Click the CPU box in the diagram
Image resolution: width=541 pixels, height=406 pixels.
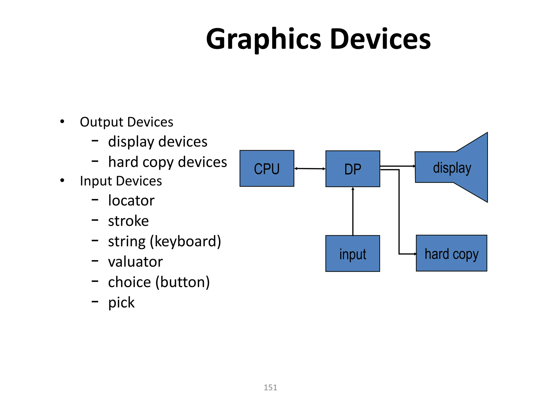click(267, 169)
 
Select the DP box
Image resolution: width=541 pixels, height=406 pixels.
click(353, 169)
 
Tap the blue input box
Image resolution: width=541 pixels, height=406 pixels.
click(353, 253)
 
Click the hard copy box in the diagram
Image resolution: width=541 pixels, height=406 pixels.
click(451, 253)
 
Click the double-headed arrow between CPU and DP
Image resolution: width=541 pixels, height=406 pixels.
click(310, 169)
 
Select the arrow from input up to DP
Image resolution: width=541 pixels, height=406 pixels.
click(353, 211)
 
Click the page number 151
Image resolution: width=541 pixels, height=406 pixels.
click(270, 387)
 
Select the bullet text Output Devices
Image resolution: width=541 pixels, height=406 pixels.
click(127, 122)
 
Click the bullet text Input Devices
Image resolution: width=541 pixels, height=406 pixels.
click(121, 181)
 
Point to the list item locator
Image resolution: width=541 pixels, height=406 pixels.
click(131, 201)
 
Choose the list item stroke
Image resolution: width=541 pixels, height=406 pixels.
click(128, 221)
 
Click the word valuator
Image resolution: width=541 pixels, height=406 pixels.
click(136, 262)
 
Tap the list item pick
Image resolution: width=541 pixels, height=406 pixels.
click(121, 303)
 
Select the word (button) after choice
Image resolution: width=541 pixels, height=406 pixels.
click(183, 282)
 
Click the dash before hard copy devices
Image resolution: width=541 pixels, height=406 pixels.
click(95, 161)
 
